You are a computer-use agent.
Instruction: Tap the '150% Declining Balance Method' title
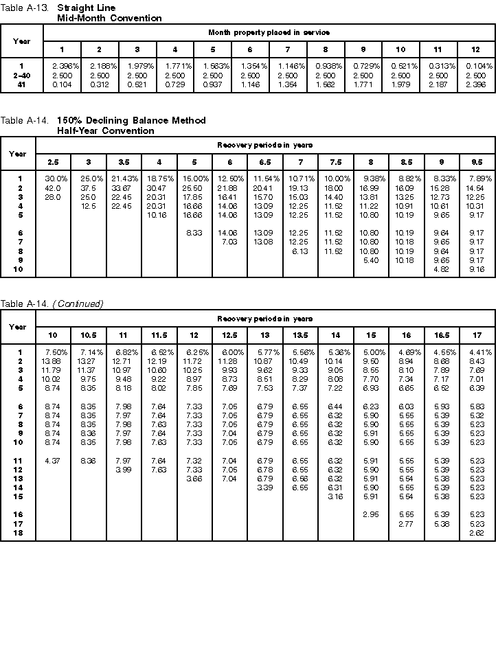131,120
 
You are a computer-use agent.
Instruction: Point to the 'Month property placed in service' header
269,32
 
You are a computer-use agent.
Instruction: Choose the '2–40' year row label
21,74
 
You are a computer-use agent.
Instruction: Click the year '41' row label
21,83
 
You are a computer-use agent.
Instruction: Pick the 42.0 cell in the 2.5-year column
53,187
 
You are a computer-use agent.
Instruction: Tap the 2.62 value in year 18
477,532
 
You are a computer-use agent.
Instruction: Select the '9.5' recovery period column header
477,162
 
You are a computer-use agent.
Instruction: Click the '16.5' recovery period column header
440,334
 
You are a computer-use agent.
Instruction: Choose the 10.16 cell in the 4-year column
157,215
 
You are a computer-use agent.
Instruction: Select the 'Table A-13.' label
22,8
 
